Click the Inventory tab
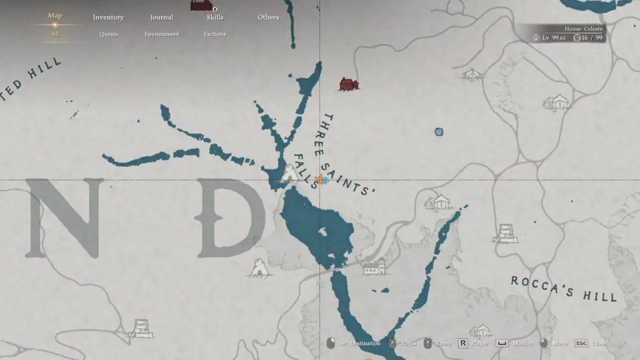coord(108,17)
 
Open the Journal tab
coord(161,17)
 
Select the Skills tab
coord(215,17)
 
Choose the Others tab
coord(268,17)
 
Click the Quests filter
coord(108,34)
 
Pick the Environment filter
coord(162,34)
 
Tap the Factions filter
coord(215,34)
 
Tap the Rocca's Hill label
coord(564,288)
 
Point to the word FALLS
coord(306,171)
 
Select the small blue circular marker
coord(439,132)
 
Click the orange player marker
coord(319,180)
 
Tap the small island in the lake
coord(322,232)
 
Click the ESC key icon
coord(581,343)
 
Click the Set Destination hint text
coord(359,343)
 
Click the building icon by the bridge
coord(374,267)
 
